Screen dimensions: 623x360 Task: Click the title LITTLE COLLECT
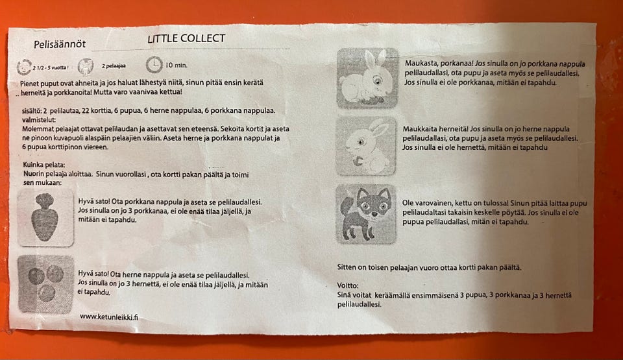[x=186, y=38]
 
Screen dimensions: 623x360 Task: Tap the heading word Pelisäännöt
[x=60, y=43]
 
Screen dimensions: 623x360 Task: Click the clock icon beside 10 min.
[x=154, y=65]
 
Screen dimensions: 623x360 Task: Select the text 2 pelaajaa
[x=114, y=66]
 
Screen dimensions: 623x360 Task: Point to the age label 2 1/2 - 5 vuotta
[x=50, y=67]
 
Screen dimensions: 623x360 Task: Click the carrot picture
[x=45, y=217]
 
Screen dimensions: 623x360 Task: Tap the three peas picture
[x=45, y=284]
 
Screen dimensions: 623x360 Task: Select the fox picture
[x=366, y=214]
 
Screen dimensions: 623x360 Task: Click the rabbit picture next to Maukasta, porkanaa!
[x=367, y=78]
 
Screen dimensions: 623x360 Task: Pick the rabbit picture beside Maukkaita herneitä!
[x=366, y=146]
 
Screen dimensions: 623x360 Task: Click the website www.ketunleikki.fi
[x=109, y=317]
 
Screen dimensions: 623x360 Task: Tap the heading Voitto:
[x=348, y=285]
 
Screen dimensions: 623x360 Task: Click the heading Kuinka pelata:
[x=44, y=165]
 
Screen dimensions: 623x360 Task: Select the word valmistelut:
[x=39, y=119]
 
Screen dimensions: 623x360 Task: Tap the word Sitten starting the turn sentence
[x=347, y=267]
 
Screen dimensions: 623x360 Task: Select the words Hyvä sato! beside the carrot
[x=93, y=202]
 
